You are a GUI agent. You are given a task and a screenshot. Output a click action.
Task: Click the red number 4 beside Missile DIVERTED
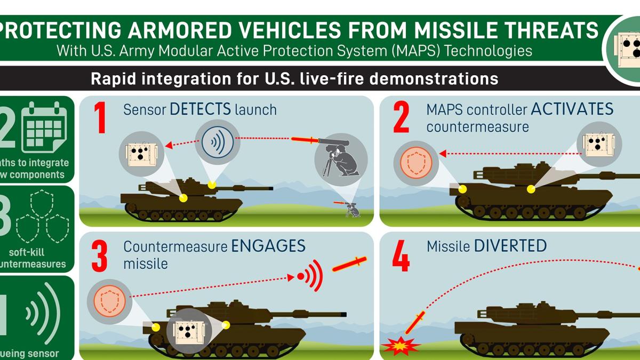click(x=401, y=258)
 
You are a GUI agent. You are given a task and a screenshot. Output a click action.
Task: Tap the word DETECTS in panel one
click(x=200, y=110)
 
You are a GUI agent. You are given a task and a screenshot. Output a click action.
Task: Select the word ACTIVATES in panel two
click(x=572, y=110)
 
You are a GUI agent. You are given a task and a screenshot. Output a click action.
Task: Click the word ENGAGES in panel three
click(x=268, y=246)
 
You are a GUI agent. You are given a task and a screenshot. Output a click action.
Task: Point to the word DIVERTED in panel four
click(x=510, y=246)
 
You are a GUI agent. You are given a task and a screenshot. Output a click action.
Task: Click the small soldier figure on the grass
click(x=353, y=210)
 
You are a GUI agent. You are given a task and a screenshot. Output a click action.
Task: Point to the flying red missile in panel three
click(x=349, y=263)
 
